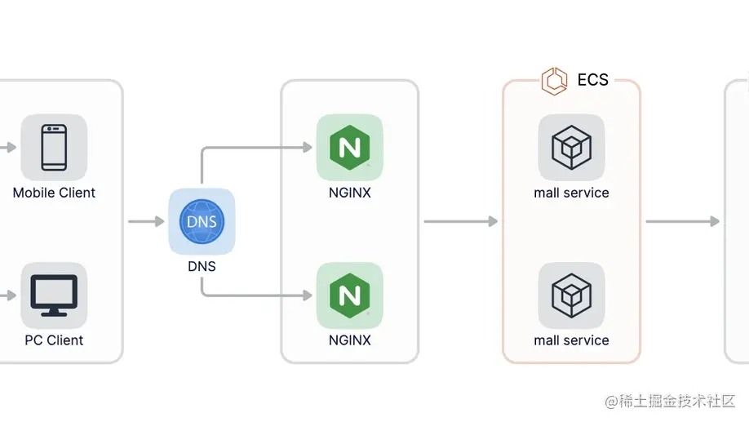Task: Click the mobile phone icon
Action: [54, 148]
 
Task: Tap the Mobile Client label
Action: [54, 193]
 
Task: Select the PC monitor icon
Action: [54, 295]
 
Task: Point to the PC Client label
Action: [54, 340]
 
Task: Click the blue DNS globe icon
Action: [202, 221]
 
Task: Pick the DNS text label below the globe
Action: [202, 266]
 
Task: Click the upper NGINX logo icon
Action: [349, 148]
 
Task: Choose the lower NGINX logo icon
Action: [349, 295]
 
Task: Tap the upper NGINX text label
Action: [349, 193]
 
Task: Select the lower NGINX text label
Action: [349, 340]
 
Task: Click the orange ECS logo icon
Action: [555, 81]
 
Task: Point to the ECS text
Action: [592, 80]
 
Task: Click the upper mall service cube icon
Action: [571, 148]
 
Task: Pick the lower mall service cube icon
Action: [571, 295]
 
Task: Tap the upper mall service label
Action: [571, 193]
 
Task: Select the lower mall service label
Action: [571, 340]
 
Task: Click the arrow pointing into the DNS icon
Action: [147, 221]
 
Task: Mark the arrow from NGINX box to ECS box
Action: [460, 221]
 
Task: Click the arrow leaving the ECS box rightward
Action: [682, 221]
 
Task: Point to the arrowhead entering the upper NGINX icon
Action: [308, 148]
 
